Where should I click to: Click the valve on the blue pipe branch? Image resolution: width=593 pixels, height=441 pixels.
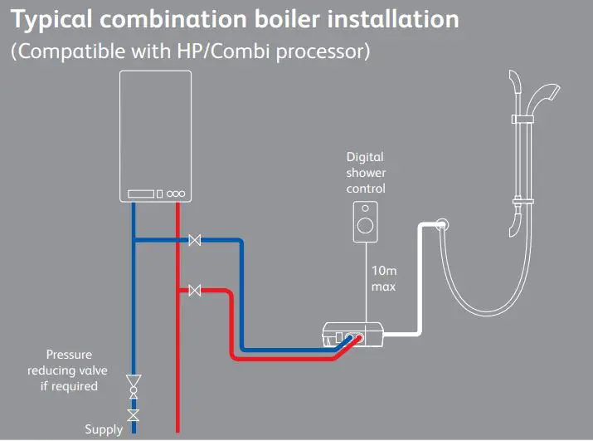(195, 241)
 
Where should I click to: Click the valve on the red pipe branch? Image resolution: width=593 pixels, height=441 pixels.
(195, 290)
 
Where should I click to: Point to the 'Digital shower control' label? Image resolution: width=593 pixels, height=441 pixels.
(366, 172)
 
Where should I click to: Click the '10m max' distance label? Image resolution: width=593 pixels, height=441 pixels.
(383, 279)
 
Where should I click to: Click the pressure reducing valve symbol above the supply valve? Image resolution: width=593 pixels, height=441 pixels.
(133, 385)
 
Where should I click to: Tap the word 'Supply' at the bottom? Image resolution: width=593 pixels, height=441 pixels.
(104, 429)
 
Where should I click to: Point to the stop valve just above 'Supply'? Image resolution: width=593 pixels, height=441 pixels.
(133, 413)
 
